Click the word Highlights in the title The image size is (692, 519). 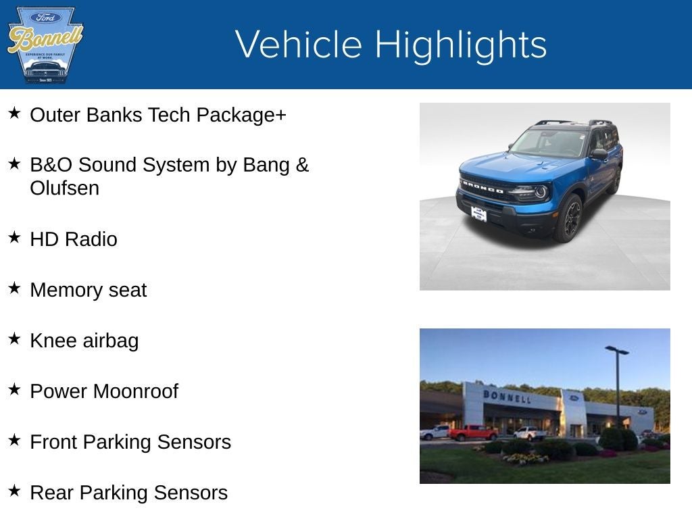pyautogui.click(x=460, y=45)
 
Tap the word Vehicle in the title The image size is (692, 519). pyautogui.click(x=299, y=45)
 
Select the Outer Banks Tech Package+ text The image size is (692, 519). pyautogui.click(x=158, y=115)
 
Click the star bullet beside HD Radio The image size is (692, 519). pyautogui.click(x=15, y=237)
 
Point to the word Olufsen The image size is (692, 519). pyautogui.click(x=64, y=189)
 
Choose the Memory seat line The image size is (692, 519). pyautogui.click(x=88, y=290)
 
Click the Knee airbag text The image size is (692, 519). pyautogui.click(x=84, y=341)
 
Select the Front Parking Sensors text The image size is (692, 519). pyautogui.click(x=130, y=442)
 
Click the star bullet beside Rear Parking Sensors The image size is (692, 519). pyautogui.click(x=15, y=491)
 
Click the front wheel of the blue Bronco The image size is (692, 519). pyautogui.click(x=569, y=218)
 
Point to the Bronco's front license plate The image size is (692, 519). pyautogui.click(x=478, y=214)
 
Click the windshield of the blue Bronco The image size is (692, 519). pyautogui.click(x=549, y=143)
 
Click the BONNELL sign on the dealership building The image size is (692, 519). pyautogui.click(x=506, y=396)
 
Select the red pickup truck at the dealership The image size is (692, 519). pyautogui.click(x=472, y=432)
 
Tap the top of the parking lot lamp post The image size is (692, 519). pyautogui.click(x=616, y=350)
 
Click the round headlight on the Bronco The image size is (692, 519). pyautogui.click(x=540, y=191)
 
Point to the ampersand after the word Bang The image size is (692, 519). pyautogui.click(x=302, y=165)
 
